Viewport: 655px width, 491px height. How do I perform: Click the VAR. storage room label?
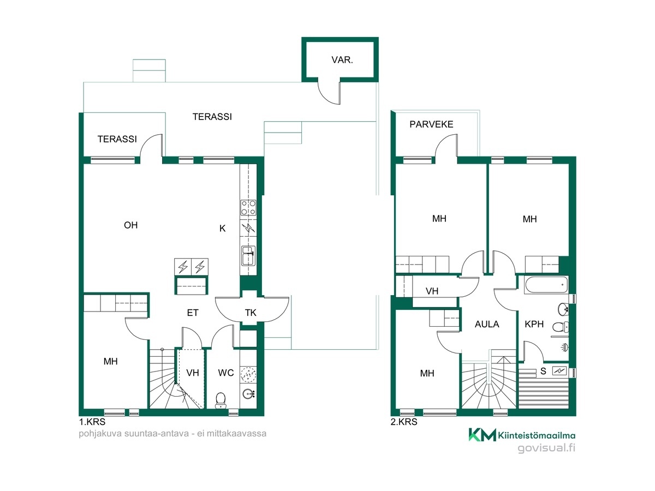click(342, 60)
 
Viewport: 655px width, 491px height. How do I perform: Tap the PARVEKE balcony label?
click(431, 124)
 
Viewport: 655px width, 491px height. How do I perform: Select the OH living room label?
click(130, 225)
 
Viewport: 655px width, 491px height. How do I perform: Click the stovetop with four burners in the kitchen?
click(248, 207)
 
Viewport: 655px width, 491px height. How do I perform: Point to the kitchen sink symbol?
click(248, 255)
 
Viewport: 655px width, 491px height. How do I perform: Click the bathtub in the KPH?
click(546, 284)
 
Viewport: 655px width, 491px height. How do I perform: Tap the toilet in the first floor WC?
click(221, 400)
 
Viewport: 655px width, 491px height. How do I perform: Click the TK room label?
click(251, 313)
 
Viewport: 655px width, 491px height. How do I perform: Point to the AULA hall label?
click(487, 324)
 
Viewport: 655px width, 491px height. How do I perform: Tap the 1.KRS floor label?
click(92, 422)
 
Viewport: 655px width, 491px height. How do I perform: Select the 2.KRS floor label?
click(404, 422)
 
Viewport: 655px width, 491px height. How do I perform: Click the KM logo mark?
click(482, 435)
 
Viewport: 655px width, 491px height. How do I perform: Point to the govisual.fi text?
click(546, 448)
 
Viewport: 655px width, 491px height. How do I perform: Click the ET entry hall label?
click(193, 313)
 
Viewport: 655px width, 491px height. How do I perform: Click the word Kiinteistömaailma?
click(537, 435)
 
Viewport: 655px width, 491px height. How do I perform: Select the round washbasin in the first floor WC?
click(248, 394)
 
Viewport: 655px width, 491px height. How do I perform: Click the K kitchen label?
click(222, 229)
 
